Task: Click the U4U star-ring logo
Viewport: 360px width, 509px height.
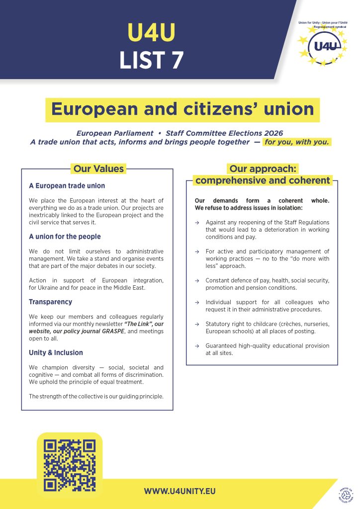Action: click(324, 45)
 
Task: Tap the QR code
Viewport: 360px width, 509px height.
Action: click(69, 465)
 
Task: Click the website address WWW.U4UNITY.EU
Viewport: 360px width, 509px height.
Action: click(180, 491)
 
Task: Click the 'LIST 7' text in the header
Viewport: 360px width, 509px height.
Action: click(151, 60)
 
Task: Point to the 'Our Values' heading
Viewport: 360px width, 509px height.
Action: click(98, 169)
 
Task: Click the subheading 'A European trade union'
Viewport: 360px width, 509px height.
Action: click(67, 186)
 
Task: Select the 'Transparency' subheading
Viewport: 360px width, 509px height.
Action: click(50, 302)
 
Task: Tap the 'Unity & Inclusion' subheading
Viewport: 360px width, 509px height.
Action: click(56, 352)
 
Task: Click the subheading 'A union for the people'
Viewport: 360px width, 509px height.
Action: click(65, 237)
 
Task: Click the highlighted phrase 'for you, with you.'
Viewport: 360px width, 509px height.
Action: click(296, 142)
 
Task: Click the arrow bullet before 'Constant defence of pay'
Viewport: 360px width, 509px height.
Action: click(197, 280)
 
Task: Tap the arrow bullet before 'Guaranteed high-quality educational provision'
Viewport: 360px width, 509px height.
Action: click(197, 346)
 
